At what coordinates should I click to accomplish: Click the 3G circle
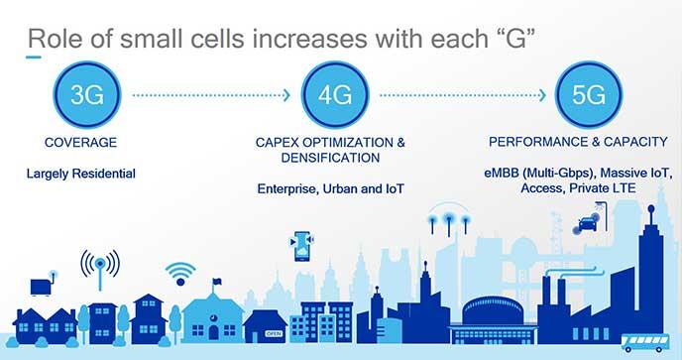[x=87, y=94]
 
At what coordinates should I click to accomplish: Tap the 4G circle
[x=335, y=94]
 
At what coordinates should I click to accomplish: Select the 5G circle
[x=589, y=94]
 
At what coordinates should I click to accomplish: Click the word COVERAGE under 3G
[x=81, y=143]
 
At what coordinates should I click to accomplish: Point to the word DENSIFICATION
[x=330, y=158]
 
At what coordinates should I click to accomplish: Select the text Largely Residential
[x=81, y=174]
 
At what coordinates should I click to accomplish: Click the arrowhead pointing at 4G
[x=286, y=95]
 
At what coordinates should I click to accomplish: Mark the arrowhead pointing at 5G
[x=541, y=95]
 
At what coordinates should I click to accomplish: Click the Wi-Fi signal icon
[x=180, y=274]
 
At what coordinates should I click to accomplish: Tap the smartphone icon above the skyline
[x=302, y=246]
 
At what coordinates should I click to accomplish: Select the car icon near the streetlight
[x=587, y=224]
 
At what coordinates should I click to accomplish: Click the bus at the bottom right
[x=645, y=342]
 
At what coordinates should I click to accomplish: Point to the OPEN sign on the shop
[x=274, y=333]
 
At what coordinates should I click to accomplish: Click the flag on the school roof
[x=217, y=282]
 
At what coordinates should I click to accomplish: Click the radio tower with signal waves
[x=100, y=271]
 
